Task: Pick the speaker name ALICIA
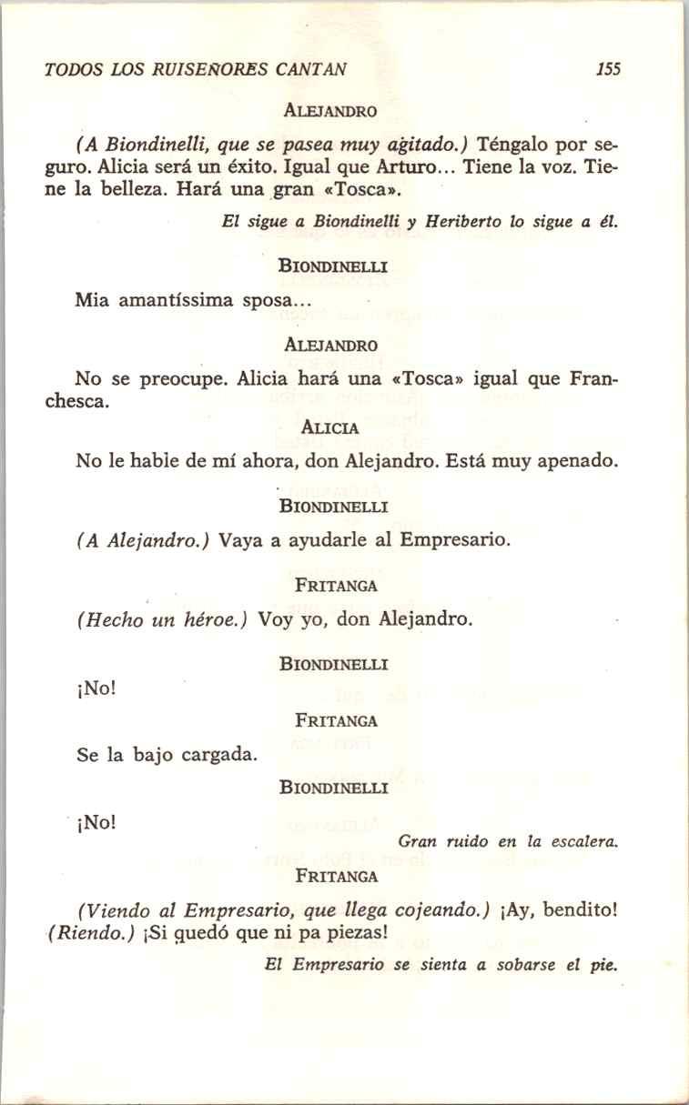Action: (329, 427)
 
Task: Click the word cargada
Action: (218, 754)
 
